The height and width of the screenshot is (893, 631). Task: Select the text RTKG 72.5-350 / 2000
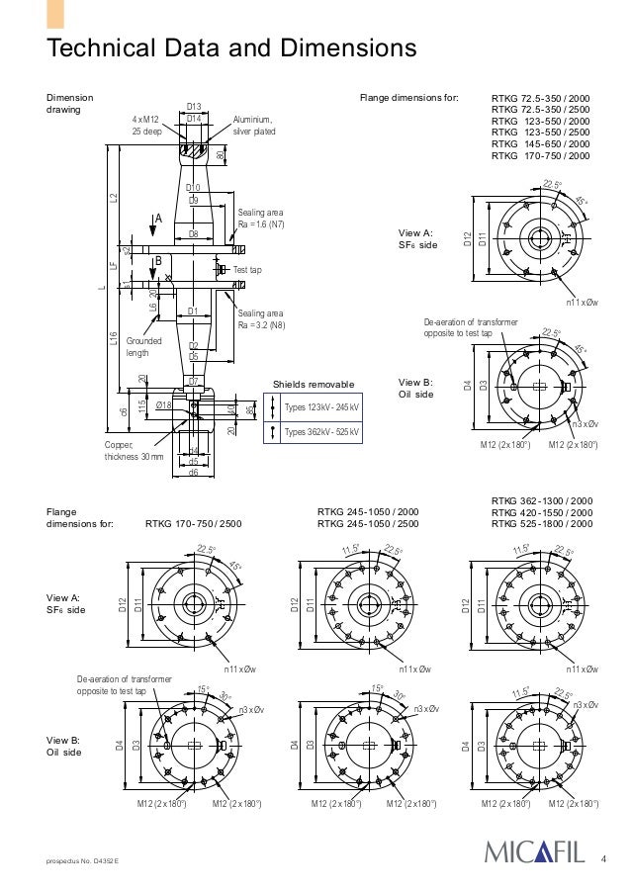(x=540, y=99)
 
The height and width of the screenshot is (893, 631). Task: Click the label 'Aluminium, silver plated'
(x=254, y=125)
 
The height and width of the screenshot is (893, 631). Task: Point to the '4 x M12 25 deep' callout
(x=149, y=125)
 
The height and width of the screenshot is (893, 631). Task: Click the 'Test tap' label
(x=247, y=269)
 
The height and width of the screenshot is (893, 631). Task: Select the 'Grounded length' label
(x=143, y=346)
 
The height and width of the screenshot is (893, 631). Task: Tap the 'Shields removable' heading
(x=314, y=384)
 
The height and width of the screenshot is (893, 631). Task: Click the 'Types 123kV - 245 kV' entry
(x=320, y=407)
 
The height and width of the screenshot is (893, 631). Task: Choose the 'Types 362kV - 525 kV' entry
(x=320, y=432)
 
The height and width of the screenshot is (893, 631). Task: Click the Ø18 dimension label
(x=164, y=404)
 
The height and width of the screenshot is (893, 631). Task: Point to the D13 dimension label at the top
(x=194, y=106)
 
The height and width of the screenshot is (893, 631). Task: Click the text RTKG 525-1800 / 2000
(x=542, y=524)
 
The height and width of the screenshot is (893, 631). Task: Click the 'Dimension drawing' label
(x=70, y=105)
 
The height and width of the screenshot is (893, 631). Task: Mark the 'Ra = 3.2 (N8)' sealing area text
(x=261, y=325)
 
